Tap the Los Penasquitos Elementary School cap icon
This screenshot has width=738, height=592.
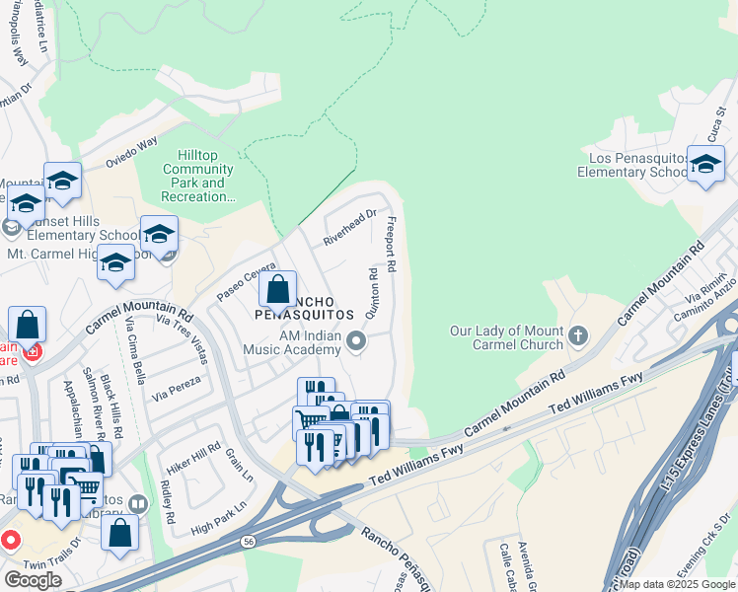(705, 165)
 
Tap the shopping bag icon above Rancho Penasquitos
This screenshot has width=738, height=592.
(277, 290)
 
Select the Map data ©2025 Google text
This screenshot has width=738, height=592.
(677, 584)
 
